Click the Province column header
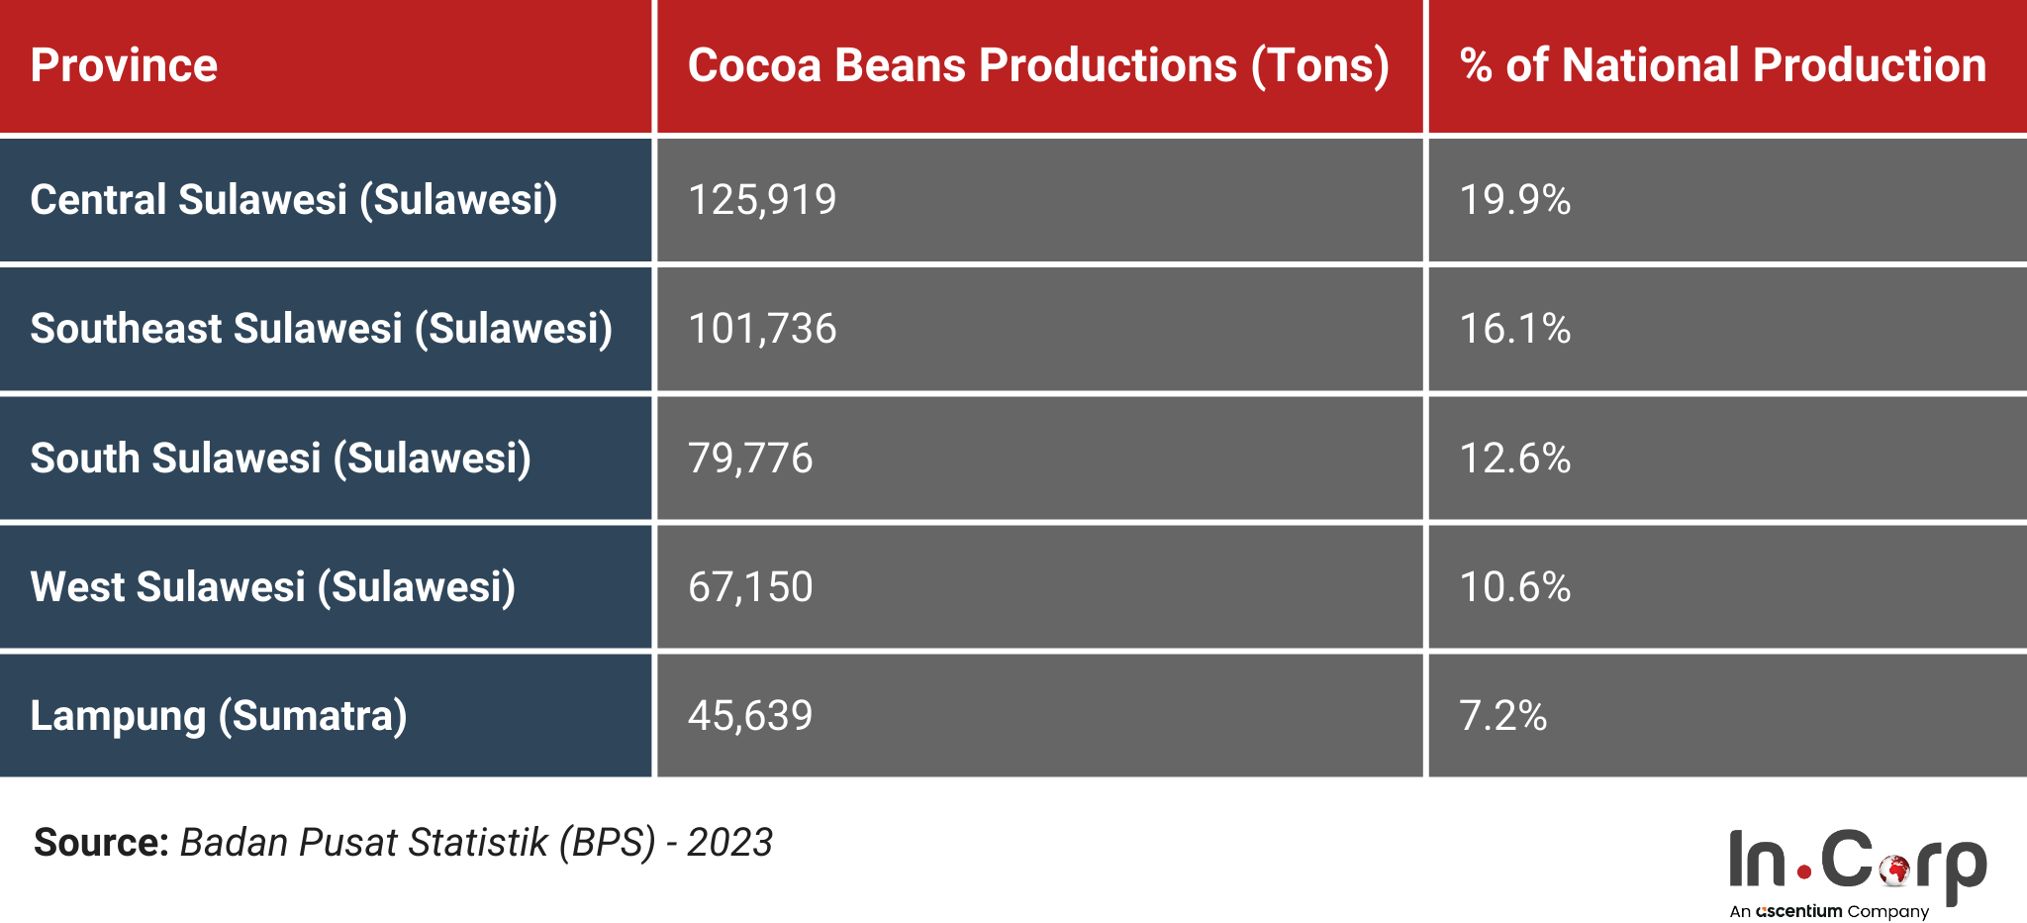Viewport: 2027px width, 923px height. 124,65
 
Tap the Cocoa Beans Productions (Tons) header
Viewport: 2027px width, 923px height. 1038,65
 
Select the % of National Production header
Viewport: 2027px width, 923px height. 1722,65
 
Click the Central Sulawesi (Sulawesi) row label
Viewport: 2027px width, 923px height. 293,200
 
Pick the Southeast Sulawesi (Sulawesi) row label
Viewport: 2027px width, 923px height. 321,329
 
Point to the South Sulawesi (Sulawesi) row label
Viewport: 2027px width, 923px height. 280,459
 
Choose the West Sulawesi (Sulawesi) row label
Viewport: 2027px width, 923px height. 272,587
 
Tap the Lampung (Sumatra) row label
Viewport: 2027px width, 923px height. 218,716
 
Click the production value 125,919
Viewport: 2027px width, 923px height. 762,200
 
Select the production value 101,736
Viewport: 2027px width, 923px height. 762,329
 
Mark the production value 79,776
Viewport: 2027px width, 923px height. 750,459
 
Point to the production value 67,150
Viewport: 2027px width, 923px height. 750,587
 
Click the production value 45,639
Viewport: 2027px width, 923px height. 750,716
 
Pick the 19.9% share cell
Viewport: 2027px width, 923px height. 1514,200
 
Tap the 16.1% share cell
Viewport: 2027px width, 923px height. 1514,329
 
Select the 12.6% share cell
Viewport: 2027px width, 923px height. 1514,459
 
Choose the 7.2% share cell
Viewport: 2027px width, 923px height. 1502,716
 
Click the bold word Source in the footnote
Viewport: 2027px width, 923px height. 101,843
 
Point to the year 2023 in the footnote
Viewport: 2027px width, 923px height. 729,843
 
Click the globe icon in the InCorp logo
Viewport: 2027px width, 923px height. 1895,870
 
